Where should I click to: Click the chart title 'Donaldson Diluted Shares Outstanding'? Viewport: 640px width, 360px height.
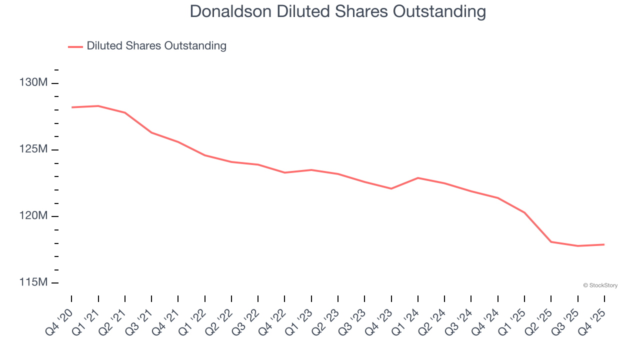pyautogui.click(x=337, y=12)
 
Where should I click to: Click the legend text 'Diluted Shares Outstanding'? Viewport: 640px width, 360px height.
pyautogui.click(x=156, y=46)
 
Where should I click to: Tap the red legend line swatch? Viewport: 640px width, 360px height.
pyautogui.click(x=75, y=46)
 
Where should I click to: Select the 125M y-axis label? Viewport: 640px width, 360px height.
pyautogui.click(x=33, y=149)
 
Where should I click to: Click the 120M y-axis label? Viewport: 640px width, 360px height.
pyautogui.click(x=33, y=215)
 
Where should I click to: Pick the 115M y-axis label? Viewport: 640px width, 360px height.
pyautogui.click(x=33, y=282)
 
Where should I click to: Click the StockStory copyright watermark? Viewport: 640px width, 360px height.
pyautogui.click(x=600, y=285)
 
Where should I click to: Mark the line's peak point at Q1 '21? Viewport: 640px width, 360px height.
pyautogui.click(x=98, y=106)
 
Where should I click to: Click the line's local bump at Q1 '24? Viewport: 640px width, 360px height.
pyautogui.click(x=418, y=178)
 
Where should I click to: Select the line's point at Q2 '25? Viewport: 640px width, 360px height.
pyautogui.click(x=551, y=242)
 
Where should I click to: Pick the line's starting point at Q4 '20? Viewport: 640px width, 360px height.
pyautogui.click(x=71, y=107)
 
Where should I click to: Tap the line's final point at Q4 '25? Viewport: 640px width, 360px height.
pyautogui.click(x=604, y=244)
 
